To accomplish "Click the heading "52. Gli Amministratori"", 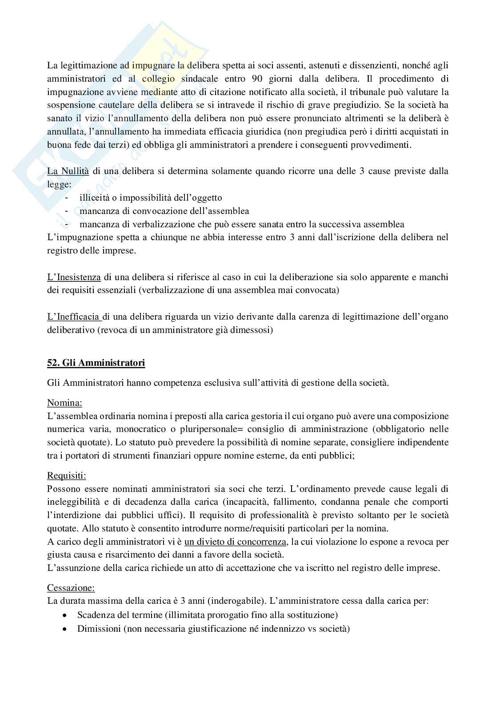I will pos(96,363).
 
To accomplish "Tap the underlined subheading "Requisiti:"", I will pos(67,475).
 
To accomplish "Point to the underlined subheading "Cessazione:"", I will pos(71,588).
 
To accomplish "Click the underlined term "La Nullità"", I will pos(68,171).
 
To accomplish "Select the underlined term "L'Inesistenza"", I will pos(74,277).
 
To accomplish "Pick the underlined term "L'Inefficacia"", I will pos(74,317).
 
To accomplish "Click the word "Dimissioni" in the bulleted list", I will pos(98,629).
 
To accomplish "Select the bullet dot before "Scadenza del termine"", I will pos(66,616).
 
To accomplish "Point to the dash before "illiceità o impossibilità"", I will pos(67,198).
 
